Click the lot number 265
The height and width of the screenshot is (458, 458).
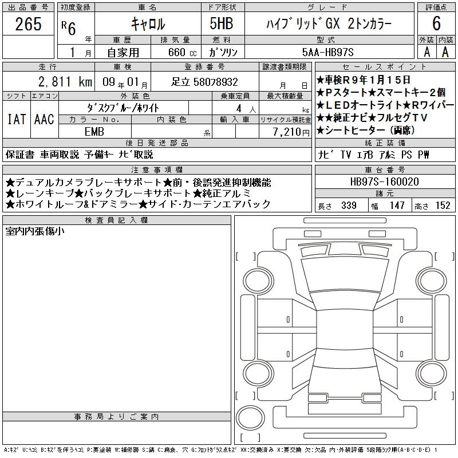point(28,23)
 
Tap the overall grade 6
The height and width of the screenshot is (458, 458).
point(436,23)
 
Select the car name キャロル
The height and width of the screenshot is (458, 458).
point(148,23)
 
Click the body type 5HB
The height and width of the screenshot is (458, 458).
point(222,23)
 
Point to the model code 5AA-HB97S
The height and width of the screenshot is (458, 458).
point(328,52)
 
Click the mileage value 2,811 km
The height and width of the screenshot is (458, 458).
point(65,82)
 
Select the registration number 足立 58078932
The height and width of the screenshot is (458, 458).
point(204,82)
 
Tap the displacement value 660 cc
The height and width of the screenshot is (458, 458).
point(182,52)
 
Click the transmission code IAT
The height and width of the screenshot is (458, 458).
point(17,119)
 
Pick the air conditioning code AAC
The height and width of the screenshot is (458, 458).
point(45,119)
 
